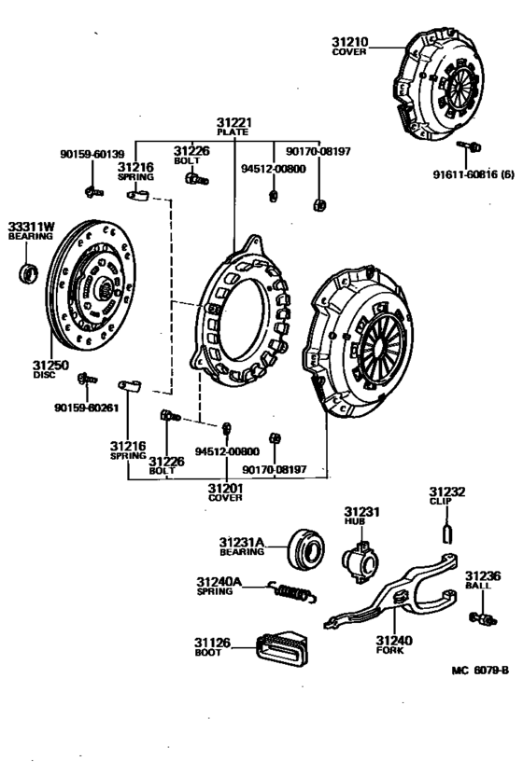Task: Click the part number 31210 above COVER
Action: [350, 42]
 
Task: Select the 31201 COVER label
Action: [225, 492]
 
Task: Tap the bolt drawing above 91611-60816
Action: [469, 146]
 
